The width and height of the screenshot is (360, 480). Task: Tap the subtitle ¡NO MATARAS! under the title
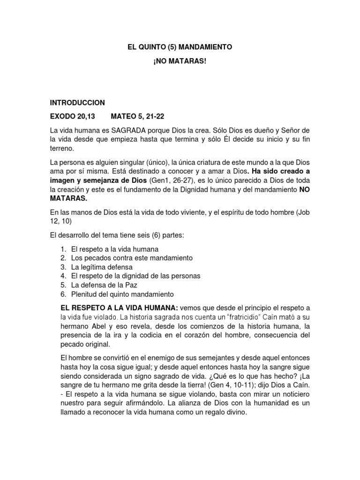[x=180, y=62]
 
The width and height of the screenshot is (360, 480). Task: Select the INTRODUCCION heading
[x=77, y=102]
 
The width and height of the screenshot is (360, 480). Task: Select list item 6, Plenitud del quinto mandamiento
[x=122, y=294]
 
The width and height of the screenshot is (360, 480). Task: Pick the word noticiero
[x=294, y=394]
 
